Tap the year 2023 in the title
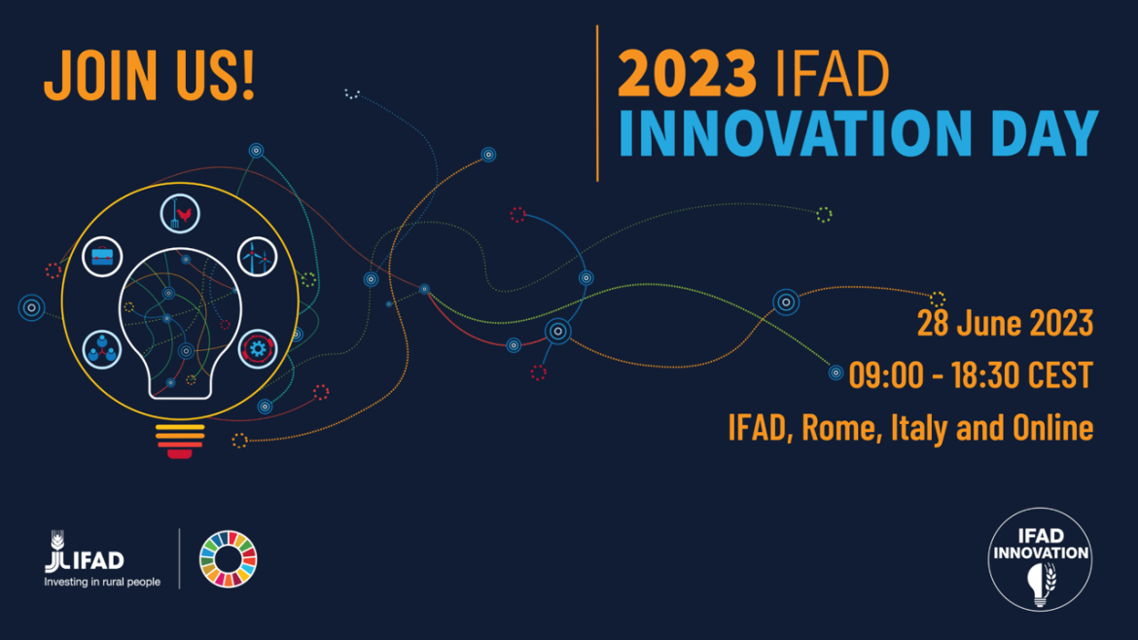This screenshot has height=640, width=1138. click(x=687, y=73)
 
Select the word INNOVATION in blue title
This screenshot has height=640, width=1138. click(x=795, y=133)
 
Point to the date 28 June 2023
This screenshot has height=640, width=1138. click(x=1005, y=323)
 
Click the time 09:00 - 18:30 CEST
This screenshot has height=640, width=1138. click(x=971, y=375)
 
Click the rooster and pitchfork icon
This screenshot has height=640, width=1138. click(x=180, y=214)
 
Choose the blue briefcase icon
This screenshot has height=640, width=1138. click(x=102, y=257)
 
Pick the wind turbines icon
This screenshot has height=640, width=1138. click(x=258, y=257)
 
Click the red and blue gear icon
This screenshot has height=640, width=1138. click(x=258, y=349)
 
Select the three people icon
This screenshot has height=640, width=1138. click(x=102, y=349)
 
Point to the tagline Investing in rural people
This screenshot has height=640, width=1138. click(x=102, y=582)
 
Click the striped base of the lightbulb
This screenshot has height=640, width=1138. click(x=180, y=442)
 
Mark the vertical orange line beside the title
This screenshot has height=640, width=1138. click(x=597, y=103)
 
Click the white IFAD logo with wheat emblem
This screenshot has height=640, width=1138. click(x=85, y=552)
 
